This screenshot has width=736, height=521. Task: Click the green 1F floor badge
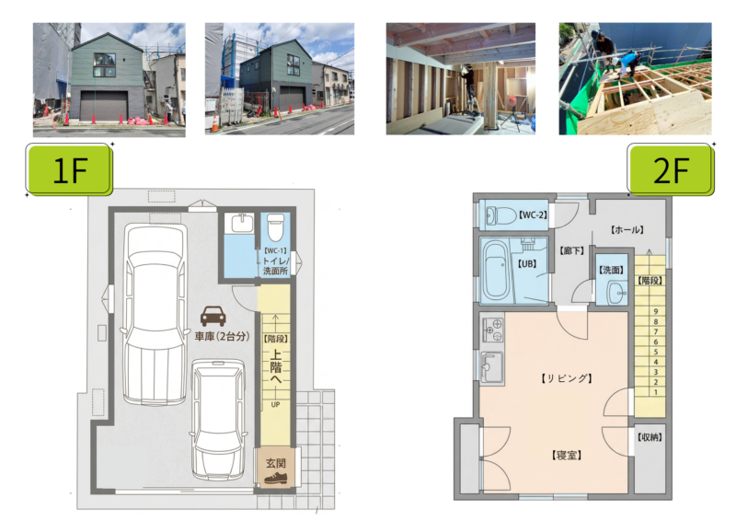click(69, 169)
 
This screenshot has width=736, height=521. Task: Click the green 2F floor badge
click(671, 169)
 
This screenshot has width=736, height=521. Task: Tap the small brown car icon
click(213, 316)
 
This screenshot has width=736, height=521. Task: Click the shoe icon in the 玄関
click(275, 479)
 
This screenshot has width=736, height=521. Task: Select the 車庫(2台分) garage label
click(222, 336)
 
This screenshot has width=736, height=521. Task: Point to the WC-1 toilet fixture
click(275, 227)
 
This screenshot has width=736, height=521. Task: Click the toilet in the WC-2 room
click(500, 216)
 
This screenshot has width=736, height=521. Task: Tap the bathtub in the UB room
click(496, 270)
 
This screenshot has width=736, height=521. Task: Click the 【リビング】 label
click(567, 378)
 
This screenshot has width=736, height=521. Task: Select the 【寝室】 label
click(567, 456)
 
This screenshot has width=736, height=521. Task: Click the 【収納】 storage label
click(650, 437)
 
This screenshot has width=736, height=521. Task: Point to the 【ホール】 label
click(627, 230)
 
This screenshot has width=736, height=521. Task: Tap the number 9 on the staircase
click(656, 311)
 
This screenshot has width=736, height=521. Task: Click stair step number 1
click(656, 392)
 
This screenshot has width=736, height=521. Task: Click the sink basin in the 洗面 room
click(616, 293)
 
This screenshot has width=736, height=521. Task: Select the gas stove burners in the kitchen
click(492, 330)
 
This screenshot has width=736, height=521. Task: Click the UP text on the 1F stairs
click(275, 404)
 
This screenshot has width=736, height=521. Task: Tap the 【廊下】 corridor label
click(571, 251)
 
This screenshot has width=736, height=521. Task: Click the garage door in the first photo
click(104, 106)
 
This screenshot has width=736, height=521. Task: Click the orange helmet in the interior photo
click(512, 100)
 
